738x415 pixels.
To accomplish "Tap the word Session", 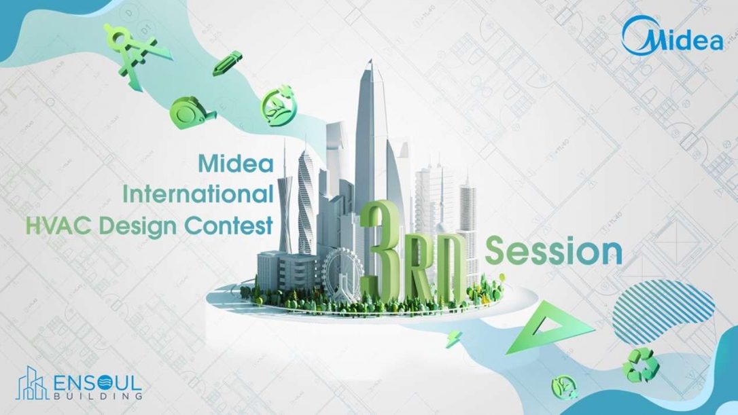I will pos(555,251).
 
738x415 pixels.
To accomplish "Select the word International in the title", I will pos(198,194).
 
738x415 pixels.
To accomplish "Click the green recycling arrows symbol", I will pos(641,363).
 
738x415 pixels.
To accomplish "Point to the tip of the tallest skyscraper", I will pos(370,62).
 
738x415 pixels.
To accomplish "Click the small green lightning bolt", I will pos(452,338).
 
